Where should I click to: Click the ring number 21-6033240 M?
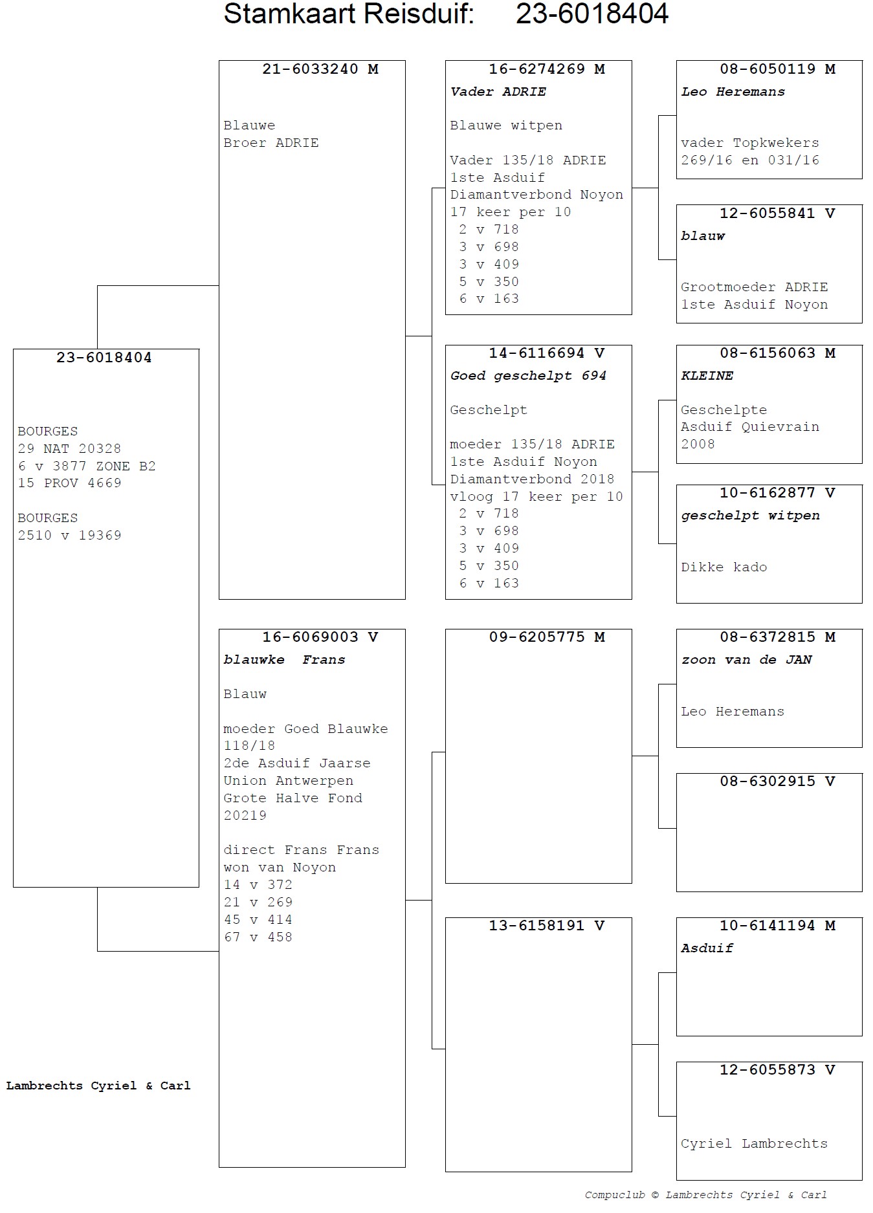(320, 69)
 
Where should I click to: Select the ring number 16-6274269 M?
(546, 69)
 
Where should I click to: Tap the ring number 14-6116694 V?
(546, 353)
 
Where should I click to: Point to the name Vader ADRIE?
(498, 92)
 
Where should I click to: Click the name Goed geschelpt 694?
(528, 376)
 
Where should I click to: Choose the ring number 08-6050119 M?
(777, 69)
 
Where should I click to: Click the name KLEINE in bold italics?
(707, 376)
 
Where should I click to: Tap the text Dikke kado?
(724, 567)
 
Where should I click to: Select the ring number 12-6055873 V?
(777, 1070)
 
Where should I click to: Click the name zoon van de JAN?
(746, 660)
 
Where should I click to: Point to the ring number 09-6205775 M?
(546, 637)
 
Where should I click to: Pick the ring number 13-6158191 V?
(546, 926)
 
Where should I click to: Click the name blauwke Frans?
(284, 660)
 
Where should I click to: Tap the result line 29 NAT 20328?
(69, 449)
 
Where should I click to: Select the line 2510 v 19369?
(69, 536)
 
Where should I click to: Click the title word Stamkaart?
(283, 14)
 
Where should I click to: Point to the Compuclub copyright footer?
(705, 1195)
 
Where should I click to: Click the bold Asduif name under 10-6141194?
(707, 948)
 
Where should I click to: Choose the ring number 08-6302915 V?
(777, 781)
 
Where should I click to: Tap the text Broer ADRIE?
(271, 143)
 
